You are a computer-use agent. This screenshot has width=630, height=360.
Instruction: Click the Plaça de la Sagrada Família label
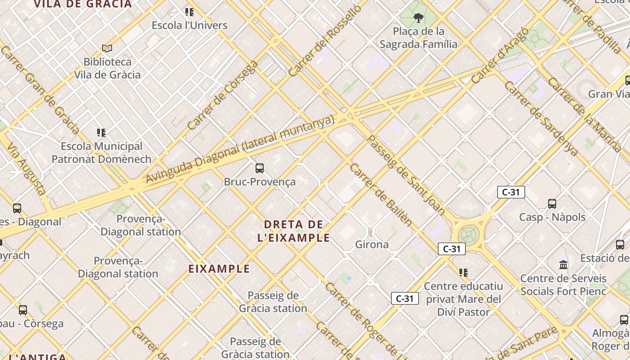tap(418, 38)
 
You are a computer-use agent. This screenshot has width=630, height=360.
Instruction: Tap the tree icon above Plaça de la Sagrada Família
tap(418, 18)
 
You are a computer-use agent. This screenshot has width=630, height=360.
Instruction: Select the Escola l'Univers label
tap(189, 25)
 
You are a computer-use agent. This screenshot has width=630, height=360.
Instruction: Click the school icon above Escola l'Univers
tap(189, 12)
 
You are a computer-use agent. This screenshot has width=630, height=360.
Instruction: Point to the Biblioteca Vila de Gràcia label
tap(108, 68)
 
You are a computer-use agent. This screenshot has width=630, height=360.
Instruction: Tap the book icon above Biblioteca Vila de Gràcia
tap(107, 48)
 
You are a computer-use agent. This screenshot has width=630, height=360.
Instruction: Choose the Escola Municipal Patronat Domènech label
tap(101, 153)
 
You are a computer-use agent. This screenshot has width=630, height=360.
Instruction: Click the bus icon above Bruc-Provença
tap(260, 168)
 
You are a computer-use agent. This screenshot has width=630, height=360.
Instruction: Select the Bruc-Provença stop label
tap(260, 182)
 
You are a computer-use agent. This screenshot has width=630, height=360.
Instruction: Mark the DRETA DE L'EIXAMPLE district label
tap(294, 231)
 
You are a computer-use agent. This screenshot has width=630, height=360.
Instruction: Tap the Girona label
tap(372, 244)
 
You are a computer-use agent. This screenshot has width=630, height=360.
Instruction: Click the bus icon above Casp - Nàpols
tap(552, 204)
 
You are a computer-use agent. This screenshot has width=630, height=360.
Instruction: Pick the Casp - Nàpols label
tap(552, 217)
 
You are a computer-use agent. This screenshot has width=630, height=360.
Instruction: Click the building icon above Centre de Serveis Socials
tap(563, 265)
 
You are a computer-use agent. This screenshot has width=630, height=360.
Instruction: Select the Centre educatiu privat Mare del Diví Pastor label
tap(463, 299)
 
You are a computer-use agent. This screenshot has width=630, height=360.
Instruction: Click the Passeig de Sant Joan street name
tap(407, 175)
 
